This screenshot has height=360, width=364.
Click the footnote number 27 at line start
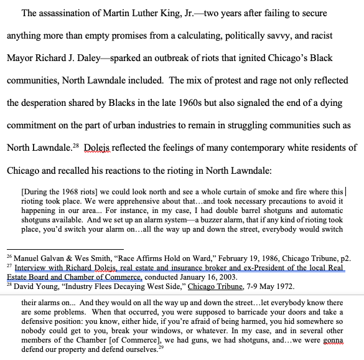[9, 266]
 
